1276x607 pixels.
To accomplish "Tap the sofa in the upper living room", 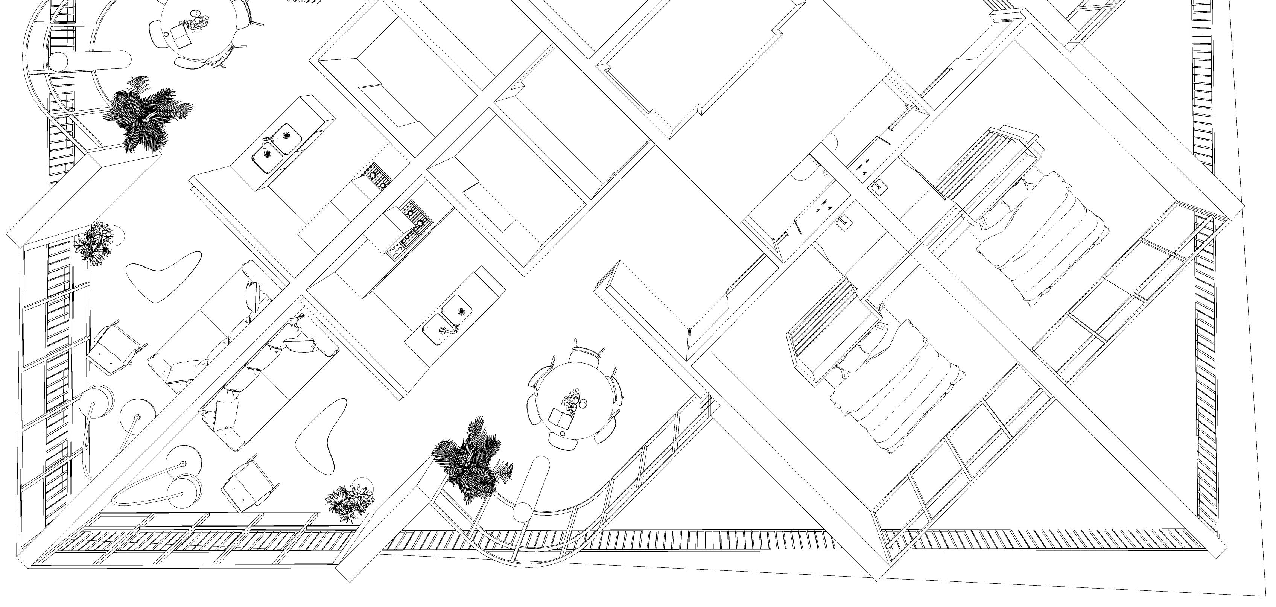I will pyautogui.click(x=213, y=327).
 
